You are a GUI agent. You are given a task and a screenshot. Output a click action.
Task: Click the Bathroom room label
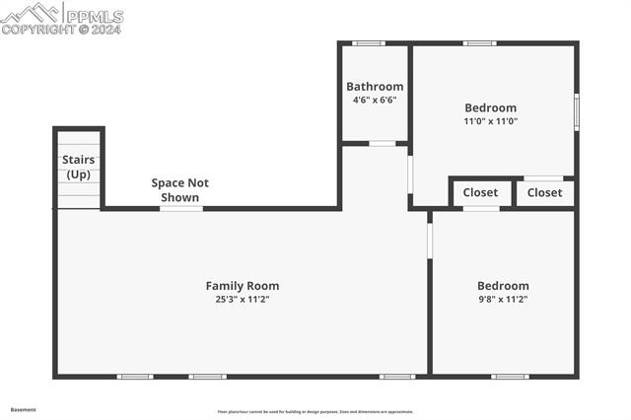[x=375, y=87]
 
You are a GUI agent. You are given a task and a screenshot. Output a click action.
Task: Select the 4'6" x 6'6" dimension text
[x=375, y=100]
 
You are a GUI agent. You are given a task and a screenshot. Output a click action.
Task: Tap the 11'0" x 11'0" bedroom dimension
[x=491, y=121]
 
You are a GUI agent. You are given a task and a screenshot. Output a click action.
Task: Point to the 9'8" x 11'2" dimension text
[x=503, y=299]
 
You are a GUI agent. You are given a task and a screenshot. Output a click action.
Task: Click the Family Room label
[x=243, y=286]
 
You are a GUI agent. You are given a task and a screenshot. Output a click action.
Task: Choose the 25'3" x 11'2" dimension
[x=243, y=299]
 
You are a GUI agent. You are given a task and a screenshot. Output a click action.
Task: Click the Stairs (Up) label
[x=78, y=167]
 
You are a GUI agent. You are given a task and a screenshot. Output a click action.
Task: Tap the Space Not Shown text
[x=179, y=190]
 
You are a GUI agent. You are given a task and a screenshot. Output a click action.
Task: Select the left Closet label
[x=480, y=192]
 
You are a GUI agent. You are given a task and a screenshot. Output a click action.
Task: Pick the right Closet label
[x=544, y=192]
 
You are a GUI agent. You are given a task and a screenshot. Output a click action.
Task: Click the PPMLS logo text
[x=95, y=16]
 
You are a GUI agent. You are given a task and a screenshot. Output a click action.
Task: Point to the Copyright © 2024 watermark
[x=60, y=30]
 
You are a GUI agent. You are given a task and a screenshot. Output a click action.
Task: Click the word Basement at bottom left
[x=23, y=408]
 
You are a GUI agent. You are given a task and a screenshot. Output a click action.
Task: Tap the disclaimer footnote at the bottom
[x=315, y=412]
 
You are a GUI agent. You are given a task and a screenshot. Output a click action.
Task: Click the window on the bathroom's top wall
[x=369, y=42]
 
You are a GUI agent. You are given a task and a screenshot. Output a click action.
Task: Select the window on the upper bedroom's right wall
[x=577, y=111]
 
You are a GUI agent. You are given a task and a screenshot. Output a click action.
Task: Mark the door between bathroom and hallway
[x=383, y=144]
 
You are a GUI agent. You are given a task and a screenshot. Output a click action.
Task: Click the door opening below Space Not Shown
[x=181, y=208]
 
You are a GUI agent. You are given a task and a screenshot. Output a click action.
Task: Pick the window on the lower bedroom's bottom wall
[x=510, y=376]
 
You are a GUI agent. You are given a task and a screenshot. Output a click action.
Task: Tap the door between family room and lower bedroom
[x=430, y=241]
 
